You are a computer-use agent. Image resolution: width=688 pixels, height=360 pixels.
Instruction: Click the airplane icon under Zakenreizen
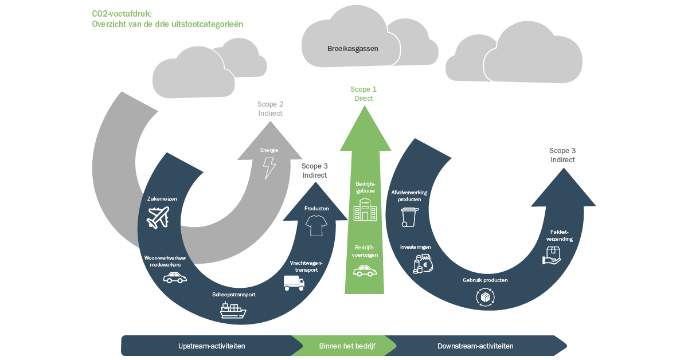click(x=158, y=217)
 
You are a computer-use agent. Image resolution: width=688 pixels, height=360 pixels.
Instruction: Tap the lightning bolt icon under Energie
click(x=269, y=168)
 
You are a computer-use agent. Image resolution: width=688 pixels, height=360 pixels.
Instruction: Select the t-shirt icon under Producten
click(x=316, y=225)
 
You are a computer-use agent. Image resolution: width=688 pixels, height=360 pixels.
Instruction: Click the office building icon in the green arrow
click(x=365, y=209)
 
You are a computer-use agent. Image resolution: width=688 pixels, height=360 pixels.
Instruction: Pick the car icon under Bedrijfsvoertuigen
click(x=365, y=271)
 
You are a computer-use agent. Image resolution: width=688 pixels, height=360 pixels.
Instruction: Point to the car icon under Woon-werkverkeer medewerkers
click(x=175, y=277)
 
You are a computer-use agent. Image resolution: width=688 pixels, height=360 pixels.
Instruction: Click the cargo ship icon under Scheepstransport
click(x=233, y=310)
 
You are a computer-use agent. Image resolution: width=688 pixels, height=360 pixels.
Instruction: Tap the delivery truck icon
click(x=294, y=283)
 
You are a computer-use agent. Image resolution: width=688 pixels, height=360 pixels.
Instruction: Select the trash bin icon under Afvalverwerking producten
click(x=409, y=217)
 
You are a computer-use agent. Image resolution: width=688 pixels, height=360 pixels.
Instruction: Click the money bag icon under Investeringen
click(x=423, y=264)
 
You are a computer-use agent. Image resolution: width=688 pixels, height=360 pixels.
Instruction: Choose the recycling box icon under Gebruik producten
click(x=485, y=297)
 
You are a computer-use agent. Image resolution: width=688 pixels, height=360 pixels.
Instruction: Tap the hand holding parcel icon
click(x=552, y=256)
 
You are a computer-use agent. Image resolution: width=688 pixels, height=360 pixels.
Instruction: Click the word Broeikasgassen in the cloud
click(x=353, y=49)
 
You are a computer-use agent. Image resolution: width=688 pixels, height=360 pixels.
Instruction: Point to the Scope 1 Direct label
click(x=363, y=93)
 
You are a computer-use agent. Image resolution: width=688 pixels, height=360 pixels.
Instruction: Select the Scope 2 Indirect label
click(x=270, y=109)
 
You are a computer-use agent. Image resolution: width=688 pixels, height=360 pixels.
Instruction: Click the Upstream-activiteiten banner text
click(x=212, y=346)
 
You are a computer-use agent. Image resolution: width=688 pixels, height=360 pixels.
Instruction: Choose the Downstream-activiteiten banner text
click(x=475, y=346)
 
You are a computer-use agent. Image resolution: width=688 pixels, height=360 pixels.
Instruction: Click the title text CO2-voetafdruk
click(x=122, y=14)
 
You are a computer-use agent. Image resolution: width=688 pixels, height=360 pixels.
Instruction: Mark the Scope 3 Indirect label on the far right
click(x=562, y=155)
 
